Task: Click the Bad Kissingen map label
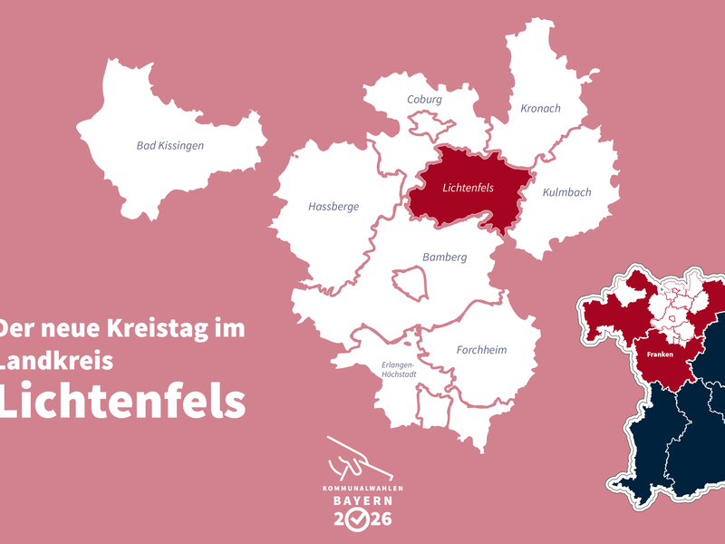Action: [169, 145]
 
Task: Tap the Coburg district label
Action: [424, 100]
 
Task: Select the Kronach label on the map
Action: [540, 109]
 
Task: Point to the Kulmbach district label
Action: [566, 193]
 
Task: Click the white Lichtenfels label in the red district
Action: [469, 189]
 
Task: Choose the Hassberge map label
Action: [333, 207]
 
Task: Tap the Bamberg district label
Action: [444, 257]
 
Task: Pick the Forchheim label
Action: [481, 350]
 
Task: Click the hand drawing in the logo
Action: [357, 460]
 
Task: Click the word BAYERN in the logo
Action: [362, 500]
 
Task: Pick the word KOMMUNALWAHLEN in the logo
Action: [362, 489]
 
